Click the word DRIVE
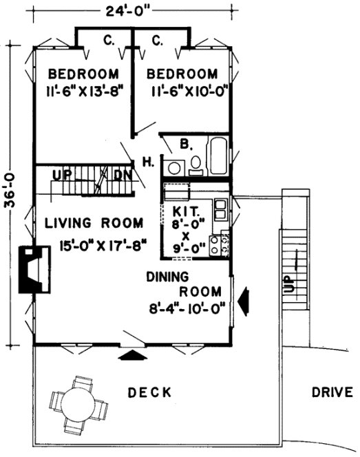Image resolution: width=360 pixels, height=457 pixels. coord(332,393)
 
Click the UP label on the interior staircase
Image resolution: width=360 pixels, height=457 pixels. coord(62,175)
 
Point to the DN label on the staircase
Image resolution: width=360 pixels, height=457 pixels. coord(122,175)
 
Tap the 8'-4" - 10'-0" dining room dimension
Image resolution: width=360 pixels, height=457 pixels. coord(186,310)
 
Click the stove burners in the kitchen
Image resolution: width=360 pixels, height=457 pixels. coord(222,244)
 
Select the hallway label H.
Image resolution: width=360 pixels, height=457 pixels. coord(147,162)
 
